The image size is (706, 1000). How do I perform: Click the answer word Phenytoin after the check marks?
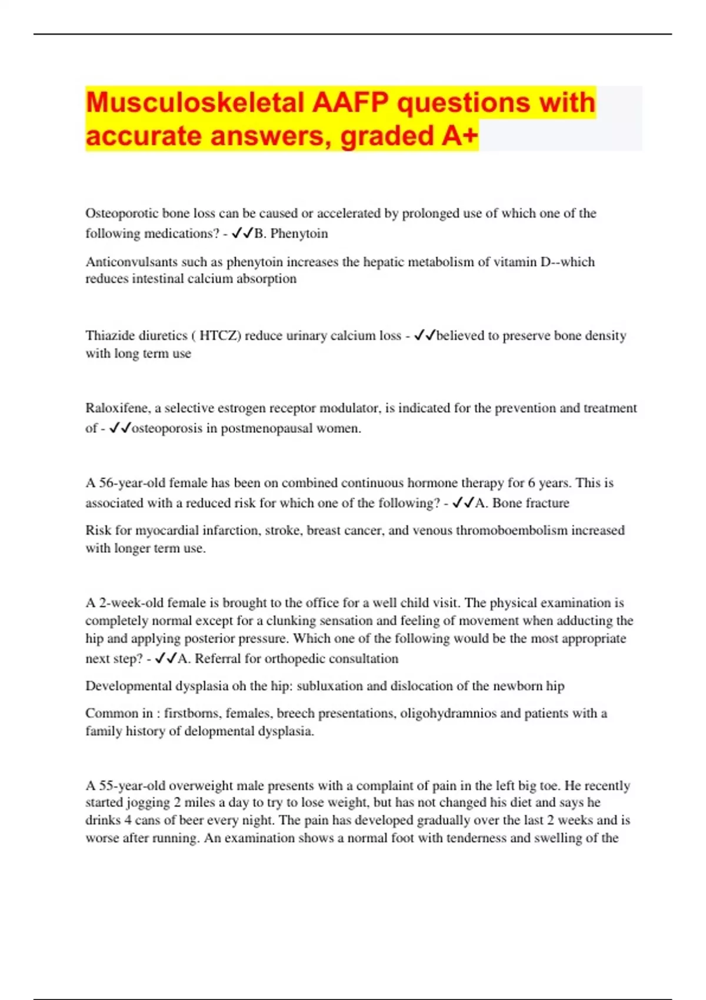pos(299,234)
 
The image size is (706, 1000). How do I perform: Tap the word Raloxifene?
pos(116,408)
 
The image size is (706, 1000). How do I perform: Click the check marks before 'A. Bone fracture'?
pos(463,503)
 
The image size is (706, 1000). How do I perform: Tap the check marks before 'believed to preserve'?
pos(425,336)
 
